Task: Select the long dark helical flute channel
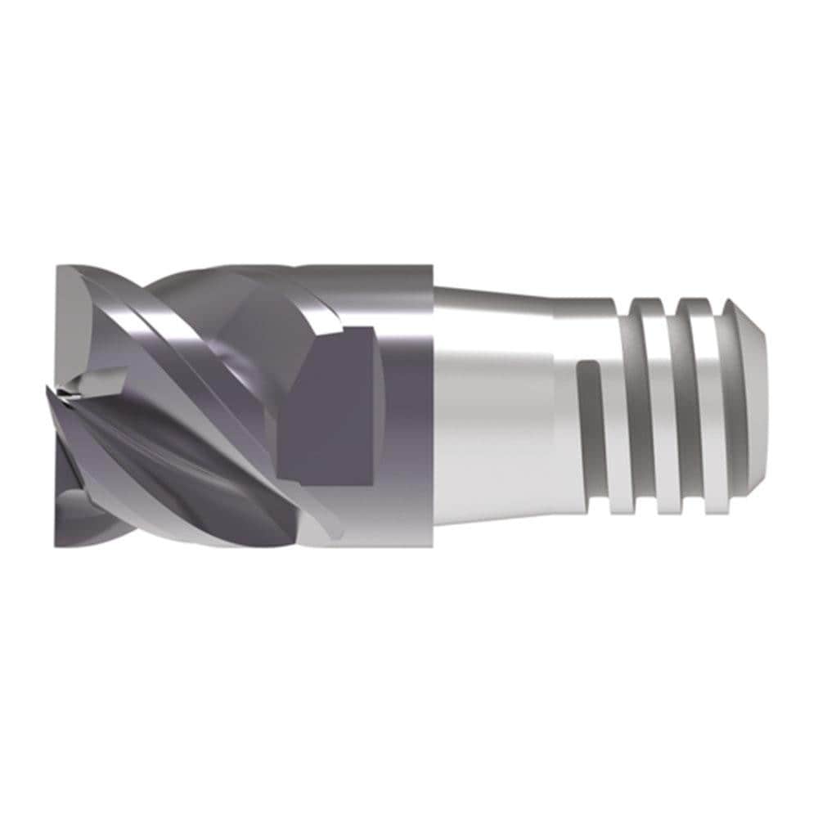point(164,442)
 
